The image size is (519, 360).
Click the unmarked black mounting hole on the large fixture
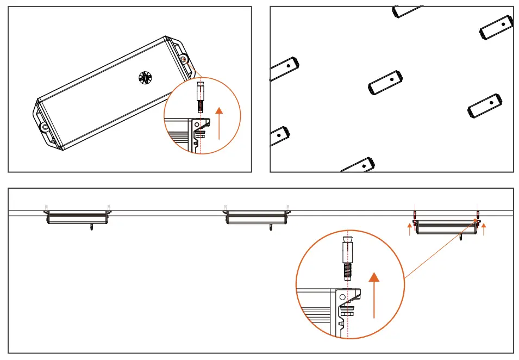point(44,127)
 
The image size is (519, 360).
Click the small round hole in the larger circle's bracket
point(342,298)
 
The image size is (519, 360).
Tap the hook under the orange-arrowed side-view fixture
point(461,237)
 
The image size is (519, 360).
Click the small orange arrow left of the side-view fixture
point(410,228)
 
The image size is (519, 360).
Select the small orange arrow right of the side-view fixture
point(484,228)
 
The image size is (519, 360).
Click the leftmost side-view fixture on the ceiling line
point(77,218)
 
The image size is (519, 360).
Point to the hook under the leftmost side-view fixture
point(91,227)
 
